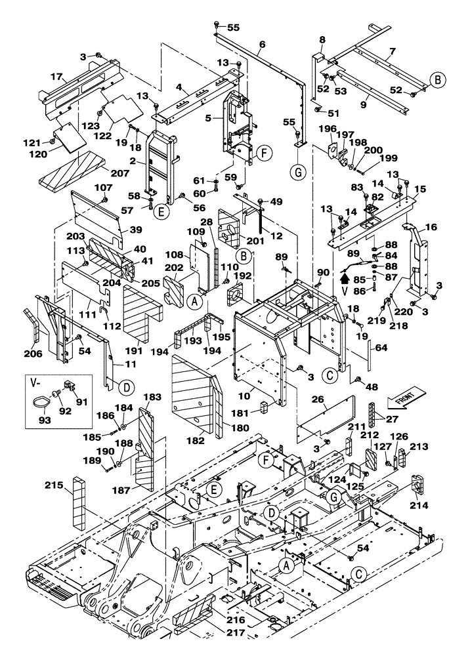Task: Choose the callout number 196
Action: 322,129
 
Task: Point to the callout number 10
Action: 243,396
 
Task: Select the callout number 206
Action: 33,354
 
